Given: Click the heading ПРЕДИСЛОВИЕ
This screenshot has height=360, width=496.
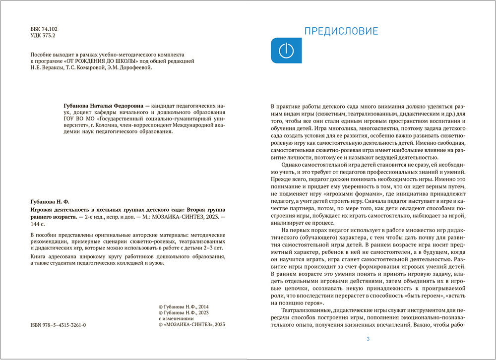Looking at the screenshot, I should pos(341,32).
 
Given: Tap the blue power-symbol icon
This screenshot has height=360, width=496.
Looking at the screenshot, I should pos(285,50).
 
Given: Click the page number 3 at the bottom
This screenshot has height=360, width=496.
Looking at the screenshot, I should pos(368,339).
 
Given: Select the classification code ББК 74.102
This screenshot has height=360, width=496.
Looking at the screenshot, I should pos(44,29).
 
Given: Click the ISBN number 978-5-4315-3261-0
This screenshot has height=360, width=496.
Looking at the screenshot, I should pos(59,324).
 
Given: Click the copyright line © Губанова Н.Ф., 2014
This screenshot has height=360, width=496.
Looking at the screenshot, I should pos(183,307).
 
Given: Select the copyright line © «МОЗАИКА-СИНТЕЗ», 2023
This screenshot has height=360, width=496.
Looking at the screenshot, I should pos(191,324).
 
